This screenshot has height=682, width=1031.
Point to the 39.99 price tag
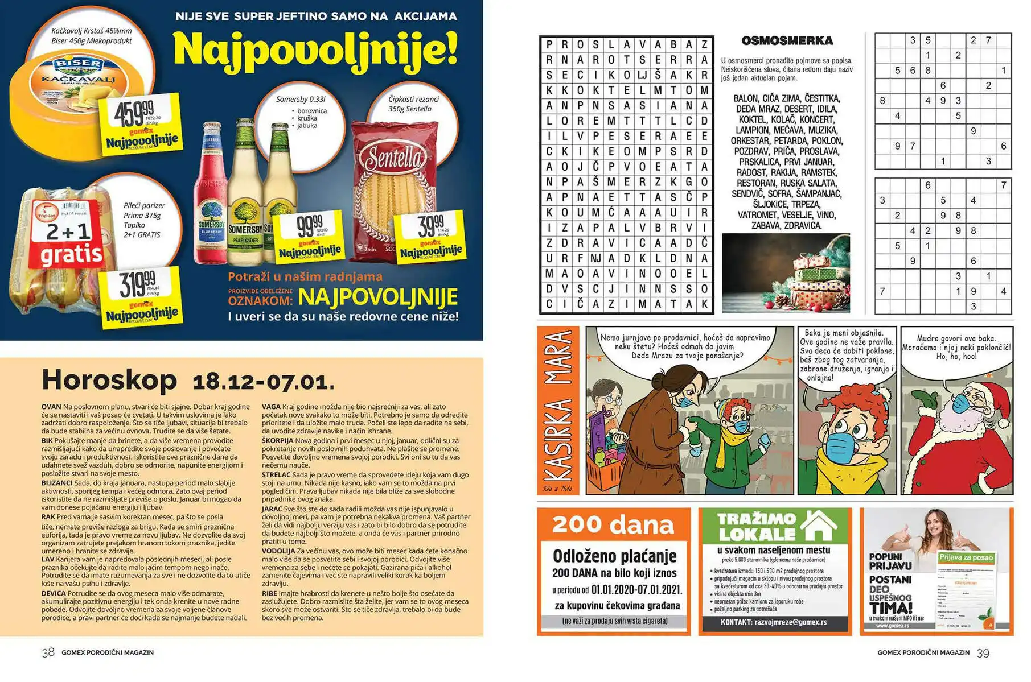432,234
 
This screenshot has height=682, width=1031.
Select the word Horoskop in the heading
109,379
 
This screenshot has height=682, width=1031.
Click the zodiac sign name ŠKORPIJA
277,440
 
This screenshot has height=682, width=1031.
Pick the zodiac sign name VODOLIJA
278,551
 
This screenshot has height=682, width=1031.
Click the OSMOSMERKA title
787,41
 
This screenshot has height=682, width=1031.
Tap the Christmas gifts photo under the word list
786,273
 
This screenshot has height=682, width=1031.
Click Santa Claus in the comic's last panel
962,427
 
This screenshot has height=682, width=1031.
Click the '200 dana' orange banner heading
613,524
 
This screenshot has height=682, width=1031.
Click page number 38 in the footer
48,652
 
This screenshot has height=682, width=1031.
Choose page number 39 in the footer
983,653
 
